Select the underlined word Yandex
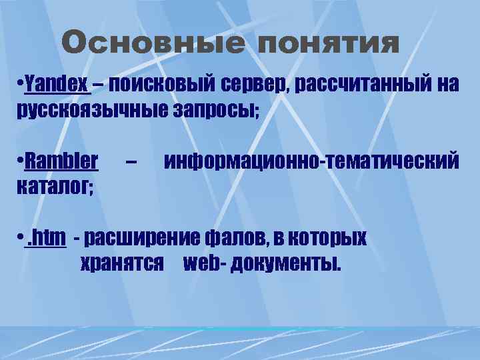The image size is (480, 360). pos(56,85)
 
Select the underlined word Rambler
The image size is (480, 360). pos(61,161)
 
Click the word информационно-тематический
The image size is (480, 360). pos(311,161)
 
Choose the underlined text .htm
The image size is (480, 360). pos(45,237)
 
